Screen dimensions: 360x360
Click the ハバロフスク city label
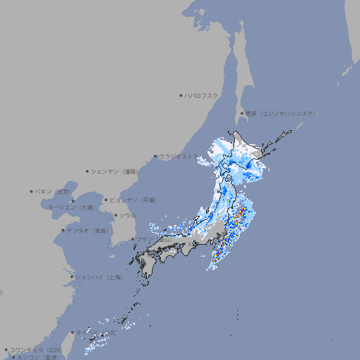click(202, 95)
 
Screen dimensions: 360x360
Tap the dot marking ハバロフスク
click(181, 95)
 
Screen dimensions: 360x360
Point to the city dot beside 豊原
click(243, 113)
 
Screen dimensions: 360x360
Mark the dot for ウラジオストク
click(155, 156)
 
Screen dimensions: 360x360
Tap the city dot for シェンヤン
click(88, 171)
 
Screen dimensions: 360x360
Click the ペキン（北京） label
click(55, 191)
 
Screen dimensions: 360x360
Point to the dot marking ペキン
click(32, 191)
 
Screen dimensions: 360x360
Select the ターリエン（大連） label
click(71, 207)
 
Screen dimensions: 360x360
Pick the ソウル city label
click(127, 215)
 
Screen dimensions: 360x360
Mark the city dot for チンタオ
click(63, 230)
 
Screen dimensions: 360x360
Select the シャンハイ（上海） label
click(98, 277)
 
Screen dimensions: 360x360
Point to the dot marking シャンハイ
click(72, 277)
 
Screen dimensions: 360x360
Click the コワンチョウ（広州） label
click(36, 349)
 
